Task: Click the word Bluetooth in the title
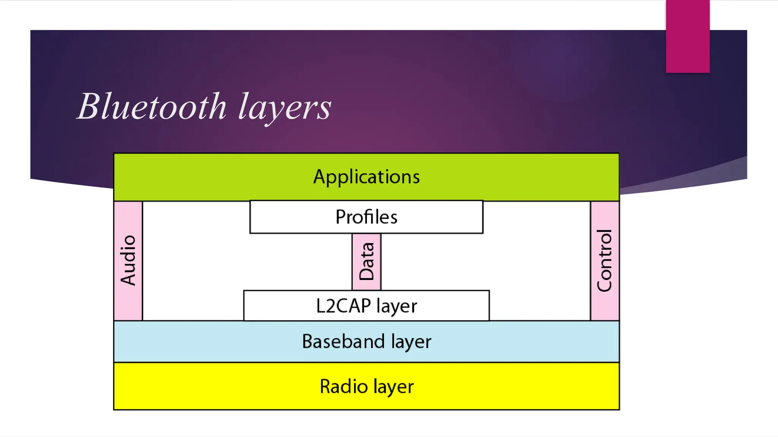coord(152,107)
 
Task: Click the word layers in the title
coord(285,108)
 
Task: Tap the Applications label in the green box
coord(366,177)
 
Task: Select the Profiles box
coord(366,217)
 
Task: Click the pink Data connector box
coord(366,262)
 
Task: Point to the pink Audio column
coord(128,261)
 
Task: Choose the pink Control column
coord(605,261)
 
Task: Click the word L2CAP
coord(343,306)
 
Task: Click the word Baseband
coord(343,341)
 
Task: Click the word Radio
coord(344,387)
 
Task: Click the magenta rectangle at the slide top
coord(688,36)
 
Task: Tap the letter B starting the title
coord(90,107)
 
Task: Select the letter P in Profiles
coord(341,217)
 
